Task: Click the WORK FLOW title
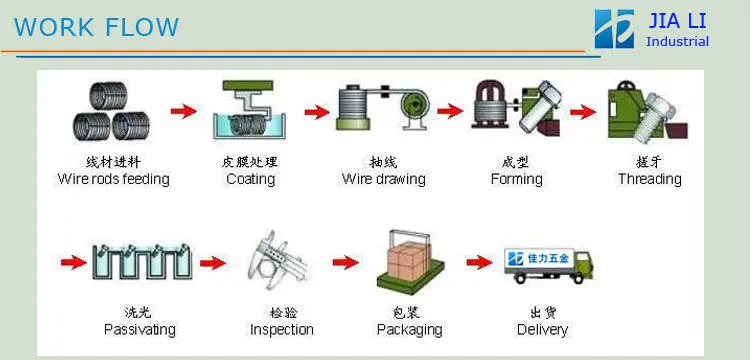96,27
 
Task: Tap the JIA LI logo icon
615,29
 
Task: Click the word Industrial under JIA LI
677,42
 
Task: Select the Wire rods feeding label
113,179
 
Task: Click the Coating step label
250,179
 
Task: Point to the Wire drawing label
384,179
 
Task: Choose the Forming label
517,179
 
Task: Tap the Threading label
650,179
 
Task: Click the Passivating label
140,329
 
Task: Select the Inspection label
282,329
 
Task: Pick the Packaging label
409,329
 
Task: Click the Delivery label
542,329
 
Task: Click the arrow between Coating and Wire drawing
317,112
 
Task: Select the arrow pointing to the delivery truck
480,262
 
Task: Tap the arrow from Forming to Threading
583,112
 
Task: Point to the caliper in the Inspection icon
277,261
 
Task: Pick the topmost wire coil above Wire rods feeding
109,97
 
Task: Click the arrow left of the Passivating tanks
74,262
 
